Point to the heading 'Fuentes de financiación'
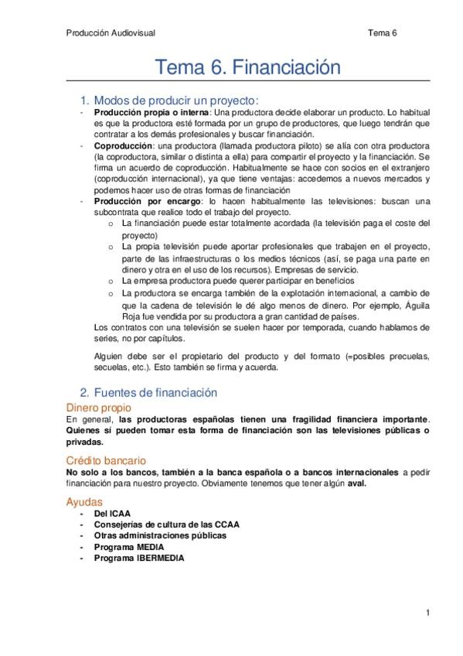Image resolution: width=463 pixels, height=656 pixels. pos(154,394)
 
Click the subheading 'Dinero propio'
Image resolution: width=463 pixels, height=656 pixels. pos(98,407)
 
